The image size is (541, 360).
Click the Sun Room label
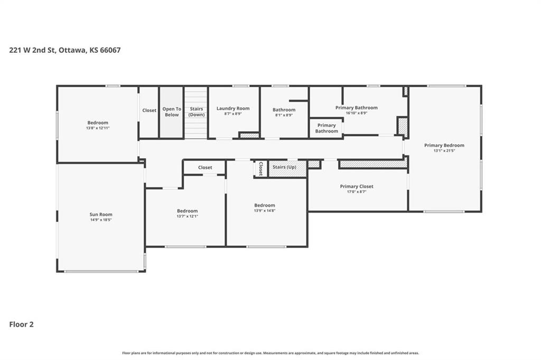101,214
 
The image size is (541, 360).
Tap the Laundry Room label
233,108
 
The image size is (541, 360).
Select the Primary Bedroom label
444,145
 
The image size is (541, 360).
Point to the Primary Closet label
357,187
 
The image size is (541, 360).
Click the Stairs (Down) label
197,112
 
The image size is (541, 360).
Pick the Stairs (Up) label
284,167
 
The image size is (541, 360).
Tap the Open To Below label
172,112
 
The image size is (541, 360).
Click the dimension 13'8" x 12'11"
98,128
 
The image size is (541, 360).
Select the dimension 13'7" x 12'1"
188,216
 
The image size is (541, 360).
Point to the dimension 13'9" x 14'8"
265,210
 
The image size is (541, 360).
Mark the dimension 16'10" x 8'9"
357,113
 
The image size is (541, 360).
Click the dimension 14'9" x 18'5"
101,220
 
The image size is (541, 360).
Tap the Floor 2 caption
21,325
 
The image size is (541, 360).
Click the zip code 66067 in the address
110,50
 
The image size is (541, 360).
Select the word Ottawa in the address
72,50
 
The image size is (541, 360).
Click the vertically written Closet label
261,169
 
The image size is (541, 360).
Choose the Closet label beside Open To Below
149,110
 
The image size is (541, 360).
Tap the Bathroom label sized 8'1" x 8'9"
284,110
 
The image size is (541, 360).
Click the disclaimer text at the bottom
270,353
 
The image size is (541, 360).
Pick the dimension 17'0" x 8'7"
357,192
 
